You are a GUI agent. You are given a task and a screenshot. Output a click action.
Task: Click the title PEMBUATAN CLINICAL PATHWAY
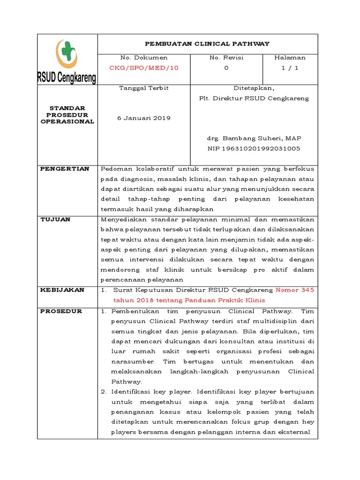coord(207,44)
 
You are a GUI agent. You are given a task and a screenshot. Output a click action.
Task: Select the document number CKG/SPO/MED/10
coord(143,67)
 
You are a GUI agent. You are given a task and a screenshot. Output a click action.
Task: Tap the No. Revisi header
coord(226,58)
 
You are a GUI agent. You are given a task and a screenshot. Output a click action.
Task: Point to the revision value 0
coord(226,67)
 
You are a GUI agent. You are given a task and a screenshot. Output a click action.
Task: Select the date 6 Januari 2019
coord(143,118)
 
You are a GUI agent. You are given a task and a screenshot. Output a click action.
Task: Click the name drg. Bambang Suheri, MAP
coord(254,138)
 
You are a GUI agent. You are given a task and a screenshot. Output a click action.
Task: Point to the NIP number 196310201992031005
coord(254,148)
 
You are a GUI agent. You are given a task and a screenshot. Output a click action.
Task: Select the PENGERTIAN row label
coord(65,169)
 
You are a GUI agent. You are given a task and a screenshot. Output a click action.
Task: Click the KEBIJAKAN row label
coord(62,290)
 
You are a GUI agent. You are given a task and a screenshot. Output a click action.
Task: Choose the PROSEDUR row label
coord(61,311)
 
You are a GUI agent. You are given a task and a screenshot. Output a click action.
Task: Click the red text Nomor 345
coord(295,290)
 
